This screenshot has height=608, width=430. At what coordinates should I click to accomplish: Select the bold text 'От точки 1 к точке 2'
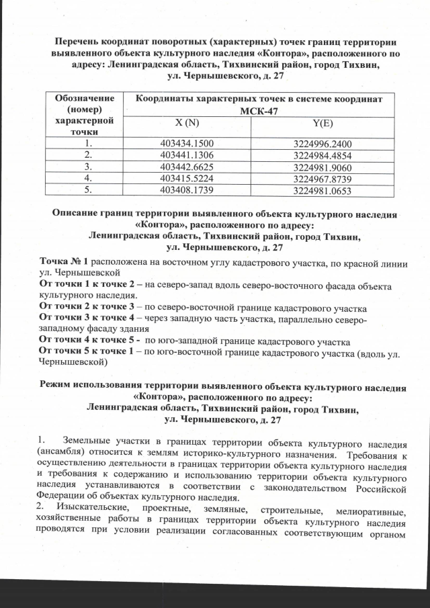click(x=85, y=284)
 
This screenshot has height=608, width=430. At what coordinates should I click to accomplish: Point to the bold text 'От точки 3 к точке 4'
click(x=85, y=318)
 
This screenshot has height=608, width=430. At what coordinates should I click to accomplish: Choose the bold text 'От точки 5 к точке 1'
click(x=85, y=352)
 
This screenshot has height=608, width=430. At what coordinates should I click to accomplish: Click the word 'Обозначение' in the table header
click(x=84, y=99)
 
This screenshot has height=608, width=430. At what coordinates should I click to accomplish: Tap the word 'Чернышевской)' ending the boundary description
click(x=73, y=363)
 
